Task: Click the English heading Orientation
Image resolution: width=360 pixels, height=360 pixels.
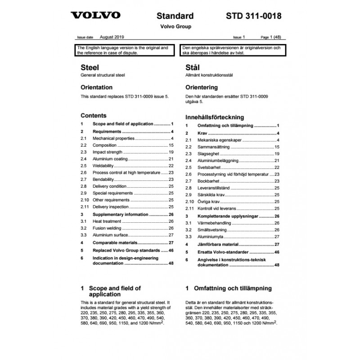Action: (x=96, y=87)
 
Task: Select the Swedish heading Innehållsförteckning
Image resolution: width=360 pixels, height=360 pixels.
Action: (x=215, y=117)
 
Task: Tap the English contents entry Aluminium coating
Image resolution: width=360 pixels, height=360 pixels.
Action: (x=110, y=159)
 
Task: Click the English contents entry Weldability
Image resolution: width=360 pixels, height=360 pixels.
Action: (x=103, y=166)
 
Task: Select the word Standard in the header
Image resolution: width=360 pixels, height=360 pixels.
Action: (x=175, y=17)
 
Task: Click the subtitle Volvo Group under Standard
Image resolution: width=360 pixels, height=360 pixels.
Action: (x=175, y=27)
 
